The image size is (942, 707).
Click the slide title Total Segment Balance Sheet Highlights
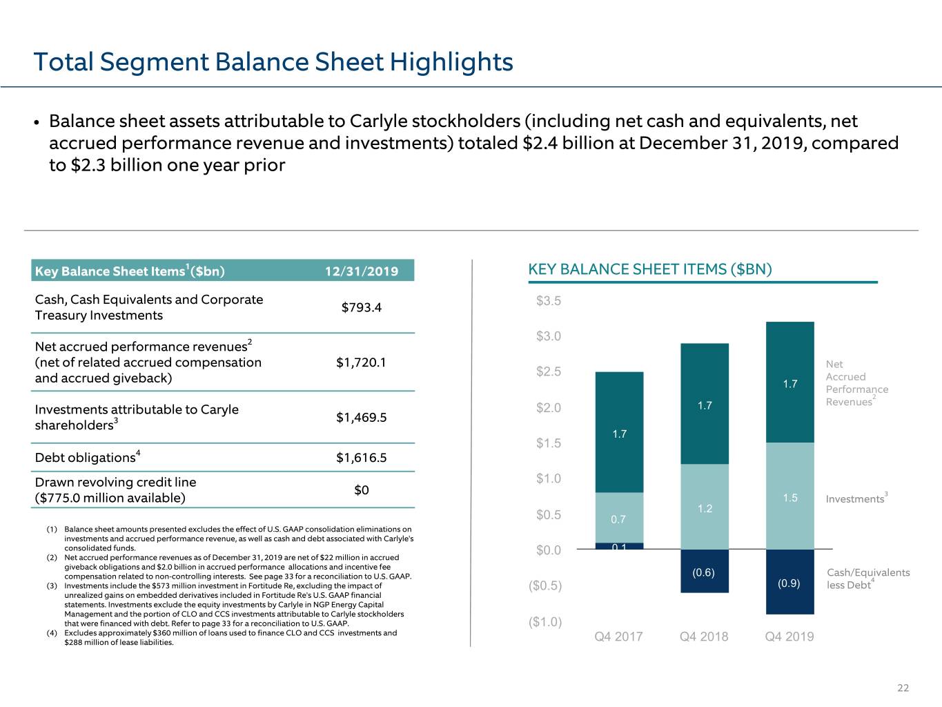[x=273, y=62]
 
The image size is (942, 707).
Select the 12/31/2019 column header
[x=362, y=271]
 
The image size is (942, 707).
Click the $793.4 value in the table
[x=362, y=307]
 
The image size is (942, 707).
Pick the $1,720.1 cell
[x=362, y=362]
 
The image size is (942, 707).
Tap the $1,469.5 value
[x=362, y=417]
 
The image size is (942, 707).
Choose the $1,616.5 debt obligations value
[x=362, y=458]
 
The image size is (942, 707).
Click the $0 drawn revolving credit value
[x=362, y=490]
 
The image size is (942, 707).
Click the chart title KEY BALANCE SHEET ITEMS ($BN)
[x=650, y=269]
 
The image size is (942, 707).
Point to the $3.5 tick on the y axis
[x=549, y=300]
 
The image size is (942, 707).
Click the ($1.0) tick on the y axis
[x=545, y=622]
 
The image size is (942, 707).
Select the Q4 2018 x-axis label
[x=704, y=636]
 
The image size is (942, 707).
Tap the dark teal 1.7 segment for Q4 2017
[x=619, y=432]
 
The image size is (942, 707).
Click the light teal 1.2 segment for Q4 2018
[x=705, y=507]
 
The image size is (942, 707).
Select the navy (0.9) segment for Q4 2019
[x=790, y=581]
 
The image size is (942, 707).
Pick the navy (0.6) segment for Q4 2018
[x=705, y=571]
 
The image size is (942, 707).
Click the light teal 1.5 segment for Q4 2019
[x=790, y=496]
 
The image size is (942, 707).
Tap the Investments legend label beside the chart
[x=856, y=498]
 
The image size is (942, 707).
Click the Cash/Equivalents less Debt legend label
[x=868, y=579]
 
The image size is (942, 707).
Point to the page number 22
[x=903, y=688]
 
